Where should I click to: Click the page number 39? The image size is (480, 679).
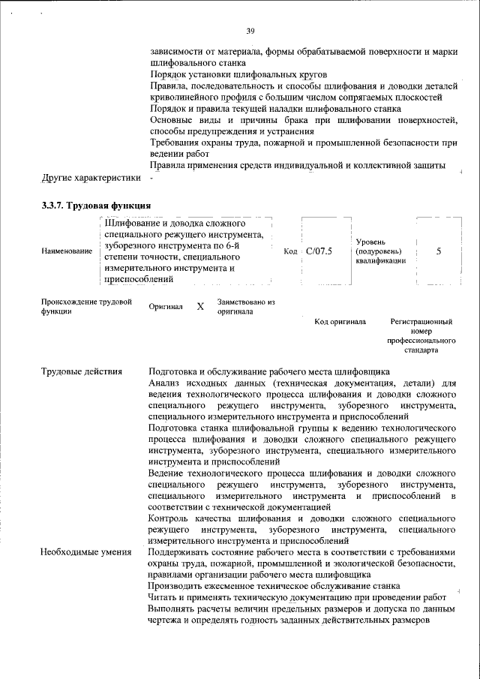tap(250, 31)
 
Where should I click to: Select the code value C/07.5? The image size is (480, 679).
tap(319, 251)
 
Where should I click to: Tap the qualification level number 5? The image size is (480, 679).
tap(438, 251)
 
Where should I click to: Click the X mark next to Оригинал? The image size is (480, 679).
tap(199, 307)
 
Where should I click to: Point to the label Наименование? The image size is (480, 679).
tap(67, 252)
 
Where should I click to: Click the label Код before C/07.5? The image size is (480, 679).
tap(292, 251)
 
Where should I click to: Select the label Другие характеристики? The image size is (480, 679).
tap(91, 178)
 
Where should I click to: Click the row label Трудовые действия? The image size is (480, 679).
tap(82, 371)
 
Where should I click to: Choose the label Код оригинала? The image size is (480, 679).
tap(340, 322)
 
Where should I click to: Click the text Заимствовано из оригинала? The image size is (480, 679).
tap(246, 307)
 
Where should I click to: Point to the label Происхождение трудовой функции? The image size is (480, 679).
tap(86, 307)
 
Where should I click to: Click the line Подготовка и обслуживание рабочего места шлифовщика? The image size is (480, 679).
tap(268, 371)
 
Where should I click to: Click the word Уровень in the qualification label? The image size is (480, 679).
tap(371, 241)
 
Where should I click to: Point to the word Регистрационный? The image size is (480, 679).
tap(421, 322)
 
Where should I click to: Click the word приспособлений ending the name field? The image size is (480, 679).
tap(139, 279)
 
